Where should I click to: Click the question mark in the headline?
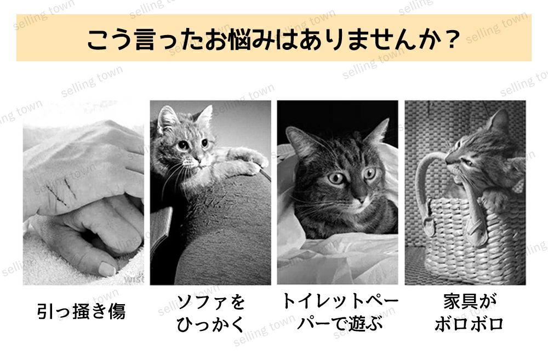pos(452,39)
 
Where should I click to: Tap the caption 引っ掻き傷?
pos(81,311)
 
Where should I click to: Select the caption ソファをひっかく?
pos(210,313)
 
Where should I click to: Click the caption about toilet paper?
pos(339,312)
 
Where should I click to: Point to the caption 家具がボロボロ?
pos(469,313)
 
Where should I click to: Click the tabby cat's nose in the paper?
pos(361,199)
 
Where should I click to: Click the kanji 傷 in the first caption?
pos(117,311)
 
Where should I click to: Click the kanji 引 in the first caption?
pos(46,311)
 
